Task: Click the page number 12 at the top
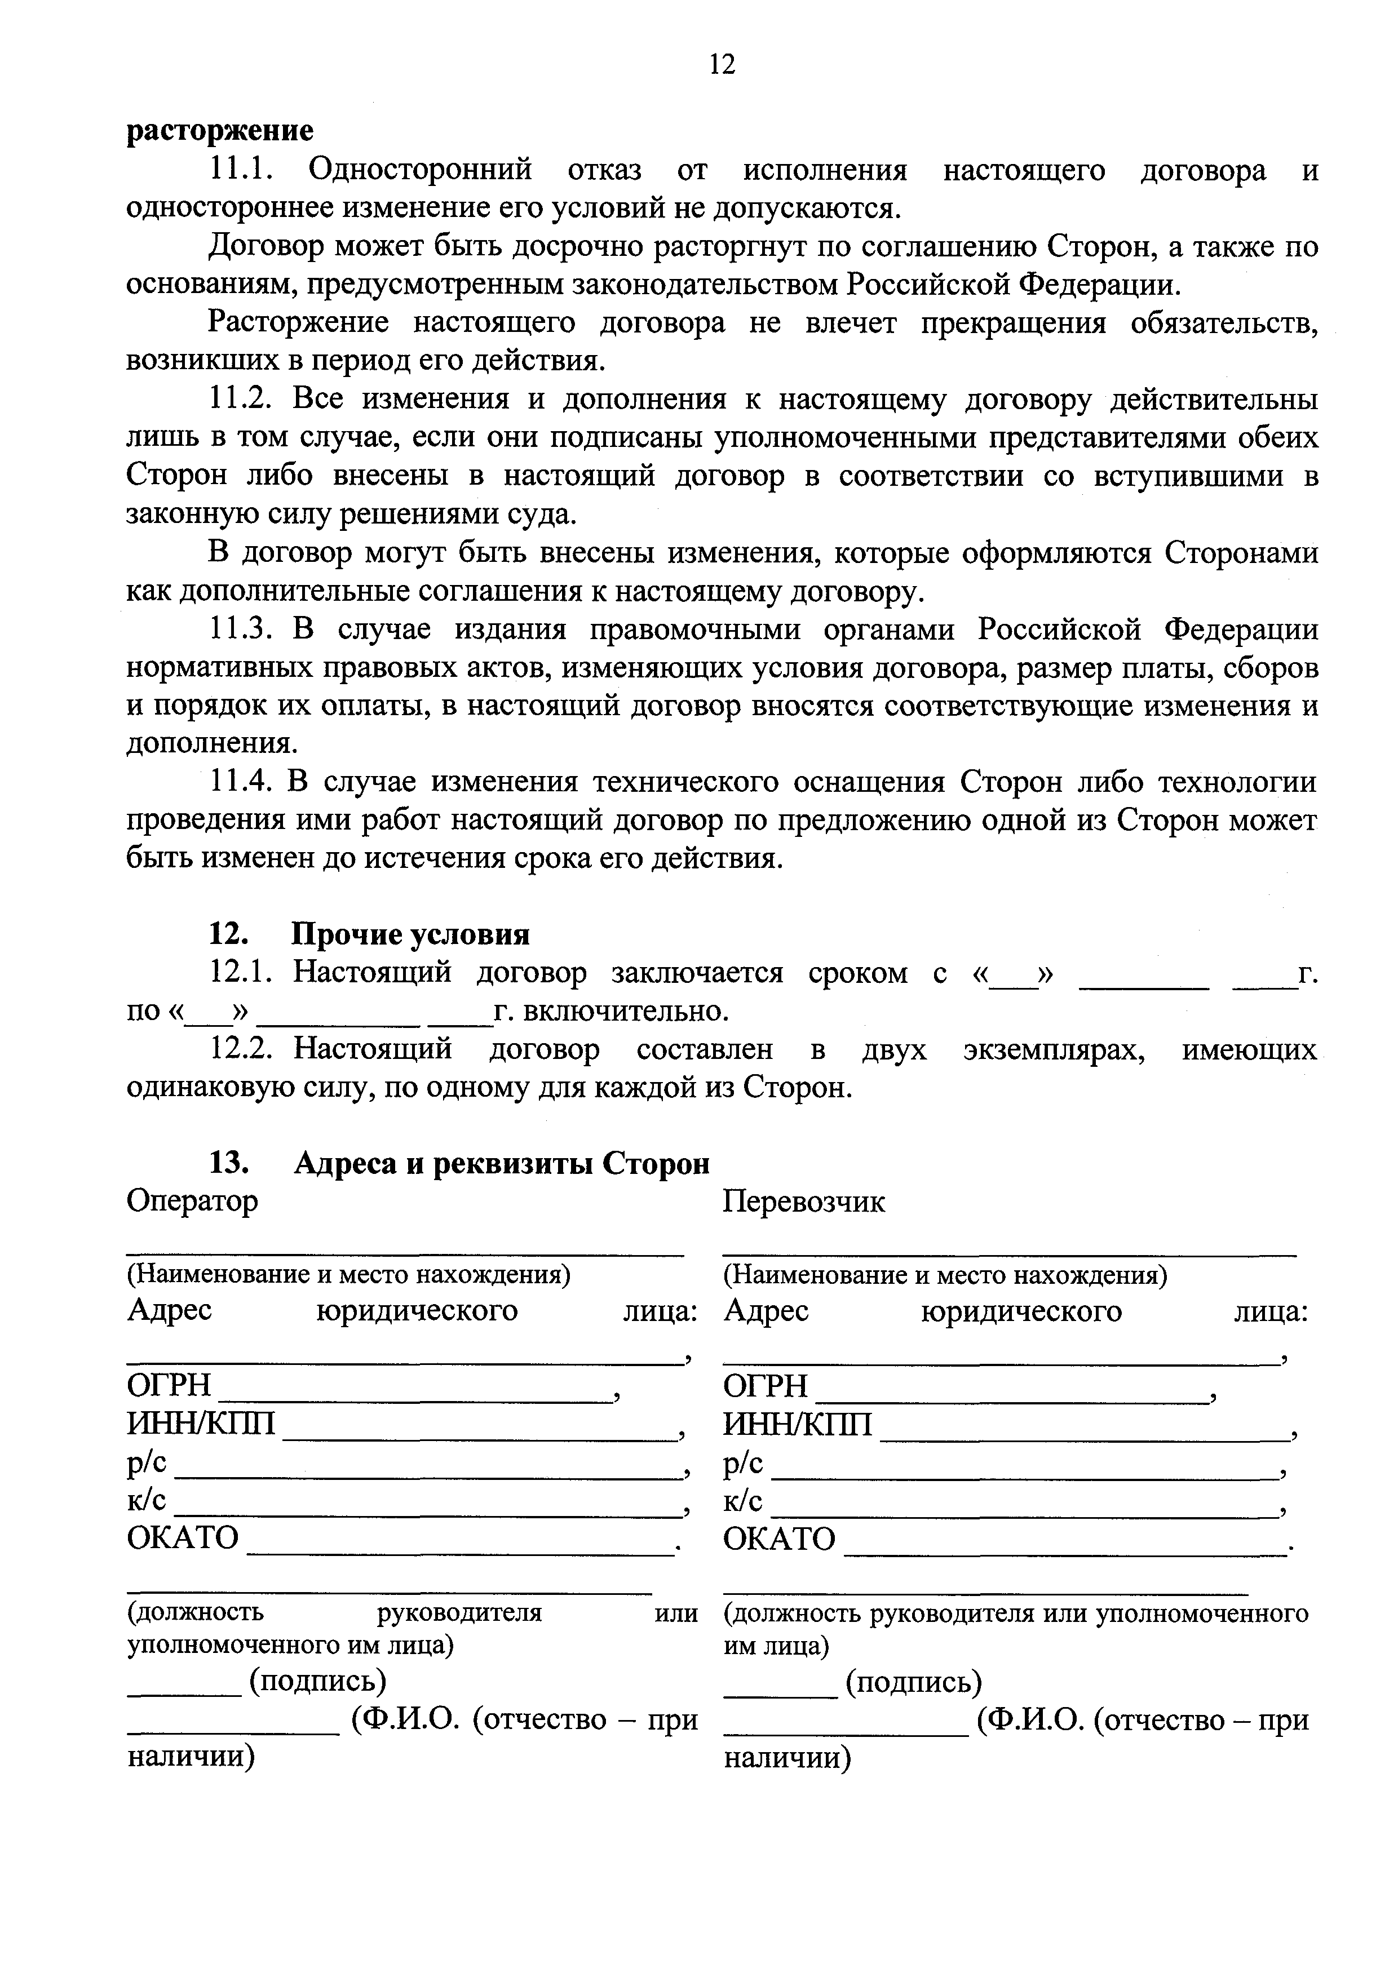coord(722,65)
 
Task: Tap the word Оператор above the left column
coord(192,1200)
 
